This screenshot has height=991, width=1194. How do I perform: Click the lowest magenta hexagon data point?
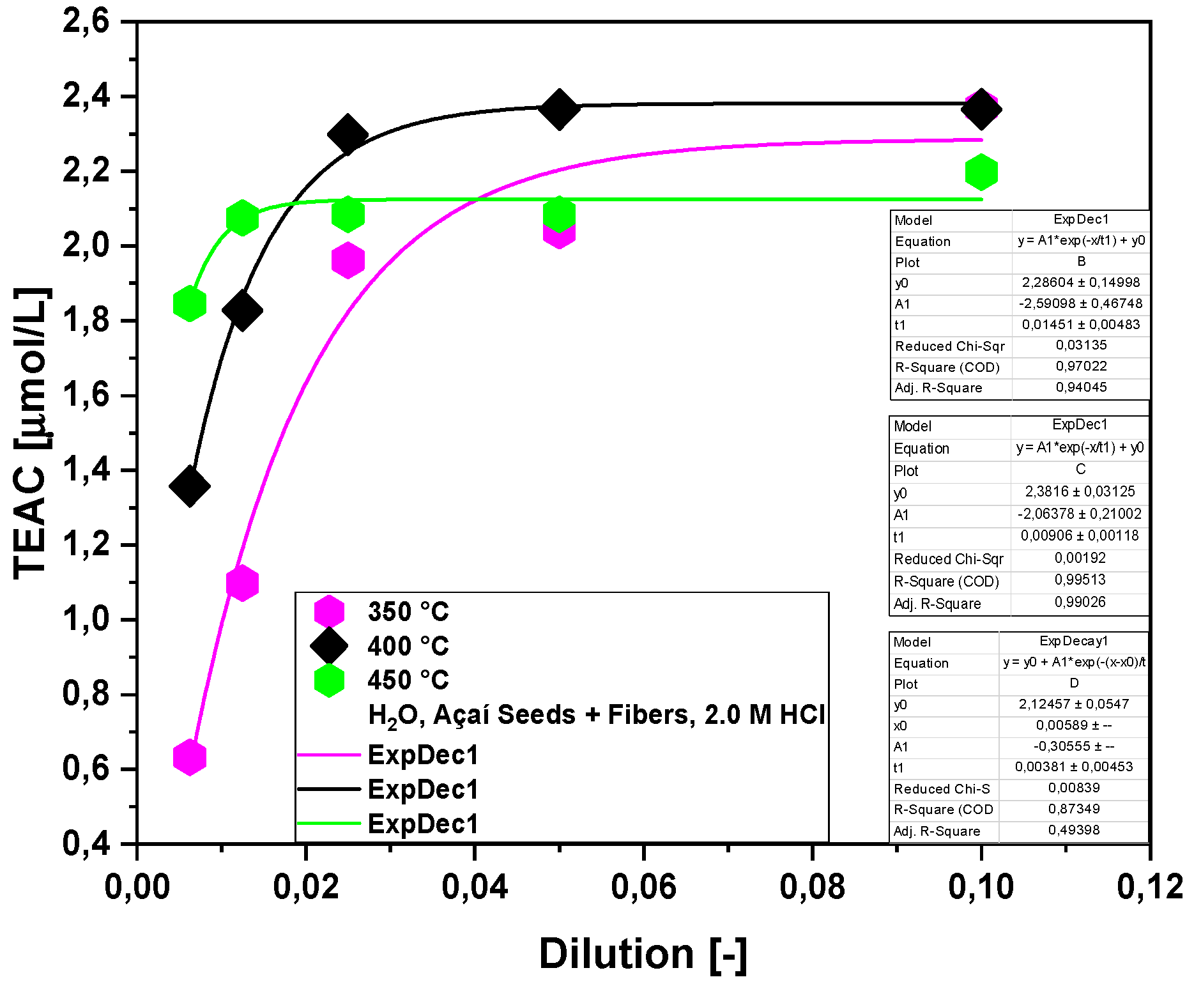[x=190, y=758]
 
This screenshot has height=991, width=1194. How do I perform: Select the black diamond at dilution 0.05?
[x=559, y=109]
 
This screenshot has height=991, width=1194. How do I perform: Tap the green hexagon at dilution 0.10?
[x=981, y=172]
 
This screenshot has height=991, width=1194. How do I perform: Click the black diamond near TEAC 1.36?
[x=190, y=486]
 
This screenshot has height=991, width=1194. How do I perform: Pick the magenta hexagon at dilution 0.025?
[x=348, y=260]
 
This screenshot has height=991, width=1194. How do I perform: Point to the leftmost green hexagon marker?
[x=190, y=303]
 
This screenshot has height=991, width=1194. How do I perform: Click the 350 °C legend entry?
[x=408, y=611]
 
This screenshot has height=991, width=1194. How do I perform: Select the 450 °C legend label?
[x=408, y=680]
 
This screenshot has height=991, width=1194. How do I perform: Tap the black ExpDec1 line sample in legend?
[x=329, y=789]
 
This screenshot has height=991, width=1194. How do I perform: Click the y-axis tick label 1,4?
[x=86, y=470]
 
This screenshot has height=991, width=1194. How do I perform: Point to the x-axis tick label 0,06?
[x=643, y=887]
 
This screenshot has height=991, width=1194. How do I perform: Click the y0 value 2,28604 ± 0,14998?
[x=1080, y=282]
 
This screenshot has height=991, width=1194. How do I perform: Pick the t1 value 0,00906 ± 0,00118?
[x=1079, y=535]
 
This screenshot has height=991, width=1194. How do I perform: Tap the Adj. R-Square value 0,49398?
[x=1073, y=830]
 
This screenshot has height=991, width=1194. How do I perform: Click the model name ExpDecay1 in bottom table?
[x=1073, y=641]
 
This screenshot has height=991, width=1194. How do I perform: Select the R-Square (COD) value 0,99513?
[x=1079, y=580]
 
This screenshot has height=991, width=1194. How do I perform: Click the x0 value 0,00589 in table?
[x=1073, y=725]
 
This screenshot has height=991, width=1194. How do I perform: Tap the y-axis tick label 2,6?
[x=86, y=22]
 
